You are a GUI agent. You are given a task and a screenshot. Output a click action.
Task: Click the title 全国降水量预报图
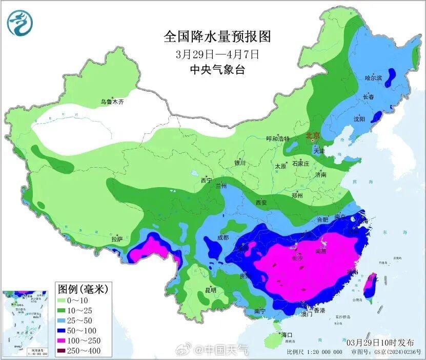click(217, 36)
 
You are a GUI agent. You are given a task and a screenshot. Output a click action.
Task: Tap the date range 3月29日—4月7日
click(217, 53)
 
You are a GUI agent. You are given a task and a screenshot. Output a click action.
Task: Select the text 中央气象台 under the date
click(217, 69)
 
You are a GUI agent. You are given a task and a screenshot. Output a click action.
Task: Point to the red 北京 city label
click(312, 136)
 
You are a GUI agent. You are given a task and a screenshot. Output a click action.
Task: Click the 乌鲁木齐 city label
click(112, 102)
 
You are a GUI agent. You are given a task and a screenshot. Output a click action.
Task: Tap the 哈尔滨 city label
click(373, 78)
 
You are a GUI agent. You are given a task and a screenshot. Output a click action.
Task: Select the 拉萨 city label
click(117, 239)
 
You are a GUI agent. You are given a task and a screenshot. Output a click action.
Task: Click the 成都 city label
click(222, 237)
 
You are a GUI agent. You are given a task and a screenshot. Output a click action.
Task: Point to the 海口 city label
click(287, 335)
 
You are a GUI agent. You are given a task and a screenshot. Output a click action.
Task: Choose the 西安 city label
click(261, 203)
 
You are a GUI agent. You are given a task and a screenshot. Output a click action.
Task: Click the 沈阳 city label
click(359, 119)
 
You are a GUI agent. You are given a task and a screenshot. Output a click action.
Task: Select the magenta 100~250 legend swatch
click(65, 341)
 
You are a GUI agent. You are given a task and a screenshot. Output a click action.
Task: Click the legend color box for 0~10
click(65, 299)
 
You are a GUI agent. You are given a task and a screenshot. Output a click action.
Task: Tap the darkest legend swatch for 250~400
click(65, 351)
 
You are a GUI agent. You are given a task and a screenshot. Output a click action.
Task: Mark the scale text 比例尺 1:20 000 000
click(314, 352)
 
